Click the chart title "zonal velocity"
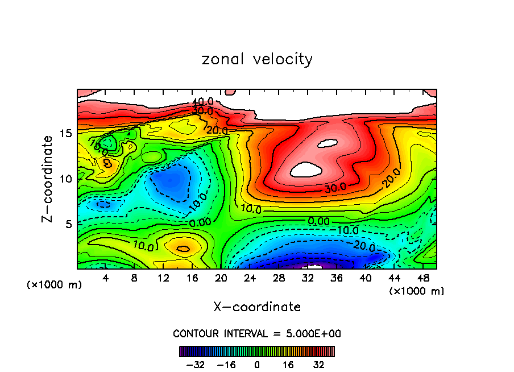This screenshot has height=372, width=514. coord(257,59)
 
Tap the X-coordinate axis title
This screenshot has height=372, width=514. coord(257,307)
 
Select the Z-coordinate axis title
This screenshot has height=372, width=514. coord(49,178)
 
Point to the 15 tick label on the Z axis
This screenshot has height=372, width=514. coord(65,134)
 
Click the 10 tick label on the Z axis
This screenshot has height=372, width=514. coord(65,179)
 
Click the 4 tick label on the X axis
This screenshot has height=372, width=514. coord(106,278)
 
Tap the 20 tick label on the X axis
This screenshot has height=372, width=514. coord(221,278)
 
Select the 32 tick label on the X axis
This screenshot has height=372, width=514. coord(308,278)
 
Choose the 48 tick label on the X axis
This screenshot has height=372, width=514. coord(423,278)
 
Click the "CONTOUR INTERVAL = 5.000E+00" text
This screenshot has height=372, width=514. coord(257,333)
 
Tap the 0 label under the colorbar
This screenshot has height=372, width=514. coord(257,363)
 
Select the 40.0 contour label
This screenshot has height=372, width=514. coord(202,102)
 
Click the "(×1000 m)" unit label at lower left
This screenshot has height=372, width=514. coord(55,284)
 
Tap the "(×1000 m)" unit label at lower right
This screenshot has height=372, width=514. coord(416,291)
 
